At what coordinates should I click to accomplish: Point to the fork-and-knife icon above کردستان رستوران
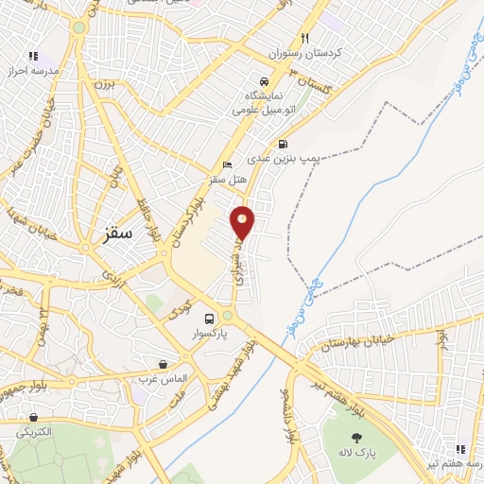[x=304, y=39]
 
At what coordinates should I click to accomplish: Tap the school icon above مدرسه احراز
[x=35, y=57]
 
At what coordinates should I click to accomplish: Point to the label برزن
[x=101, y=84]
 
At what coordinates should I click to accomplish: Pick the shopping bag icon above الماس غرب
[x=164, y=364]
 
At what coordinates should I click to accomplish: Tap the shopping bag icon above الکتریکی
[x=33, y=417]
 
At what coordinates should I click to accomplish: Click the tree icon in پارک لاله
[x=356, y=438]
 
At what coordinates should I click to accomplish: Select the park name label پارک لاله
[x=358, y=454]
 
